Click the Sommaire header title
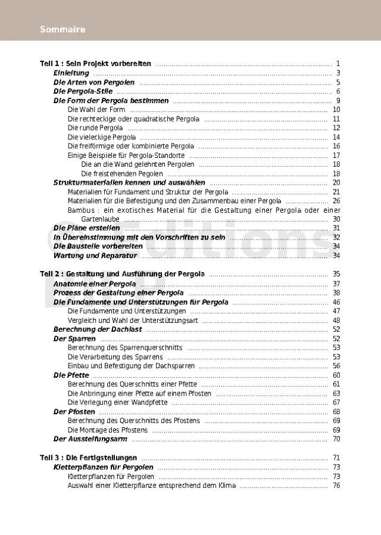63,29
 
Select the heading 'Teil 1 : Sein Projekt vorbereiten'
95,64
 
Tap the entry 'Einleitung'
71,73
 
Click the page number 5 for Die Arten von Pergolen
338,82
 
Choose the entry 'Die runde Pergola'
95,128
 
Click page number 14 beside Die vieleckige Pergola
336,137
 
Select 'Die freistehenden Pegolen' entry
122,173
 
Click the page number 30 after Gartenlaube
336,219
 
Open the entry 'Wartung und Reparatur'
95,256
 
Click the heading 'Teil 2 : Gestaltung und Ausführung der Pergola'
122,274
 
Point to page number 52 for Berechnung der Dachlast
336,329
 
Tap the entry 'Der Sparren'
74,338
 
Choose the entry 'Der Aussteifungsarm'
90,439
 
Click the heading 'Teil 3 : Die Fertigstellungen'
88,458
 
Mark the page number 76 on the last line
336,486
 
